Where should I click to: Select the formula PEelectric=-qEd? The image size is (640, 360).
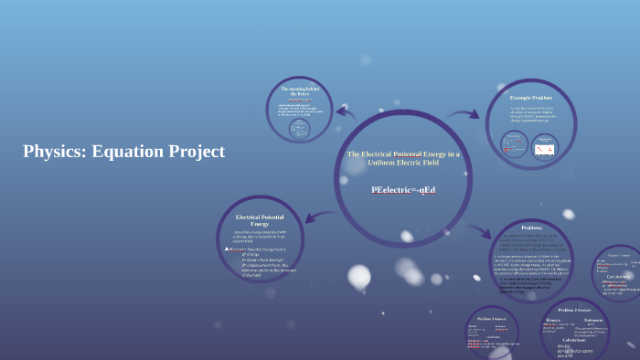pyautogui.click(x=403, y=190)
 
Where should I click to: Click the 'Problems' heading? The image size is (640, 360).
pyautogui.click(x=532, y=228)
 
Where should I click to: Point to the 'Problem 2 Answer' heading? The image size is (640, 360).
pyautogui.click(x=574, y=311)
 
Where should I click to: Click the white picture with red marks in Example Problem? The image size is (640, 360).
pyautogui.click(x=545, y=146)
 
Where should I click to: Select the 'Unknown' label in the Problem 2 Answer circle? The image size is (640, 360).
pyautogui.click(x=592, y=321)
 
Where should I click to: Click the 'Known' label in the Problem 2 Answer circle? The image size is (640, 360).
pyautogui.click(x=553, y=321)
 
